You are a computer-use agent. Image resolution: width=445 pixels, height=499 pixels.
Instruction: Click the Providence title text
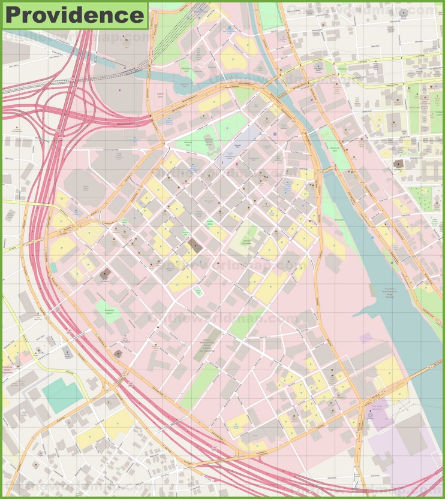[74, 15]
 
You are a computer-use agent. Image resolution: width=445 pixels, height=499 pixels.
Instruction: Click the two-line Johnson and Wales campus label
[246, 243]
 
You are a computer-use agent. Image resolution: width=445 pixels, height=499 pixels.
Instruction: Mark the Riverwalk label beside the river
[339, 220]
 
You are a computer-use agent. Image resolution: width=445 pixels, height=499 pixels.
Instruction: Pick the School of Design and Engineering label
[207, 344]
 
